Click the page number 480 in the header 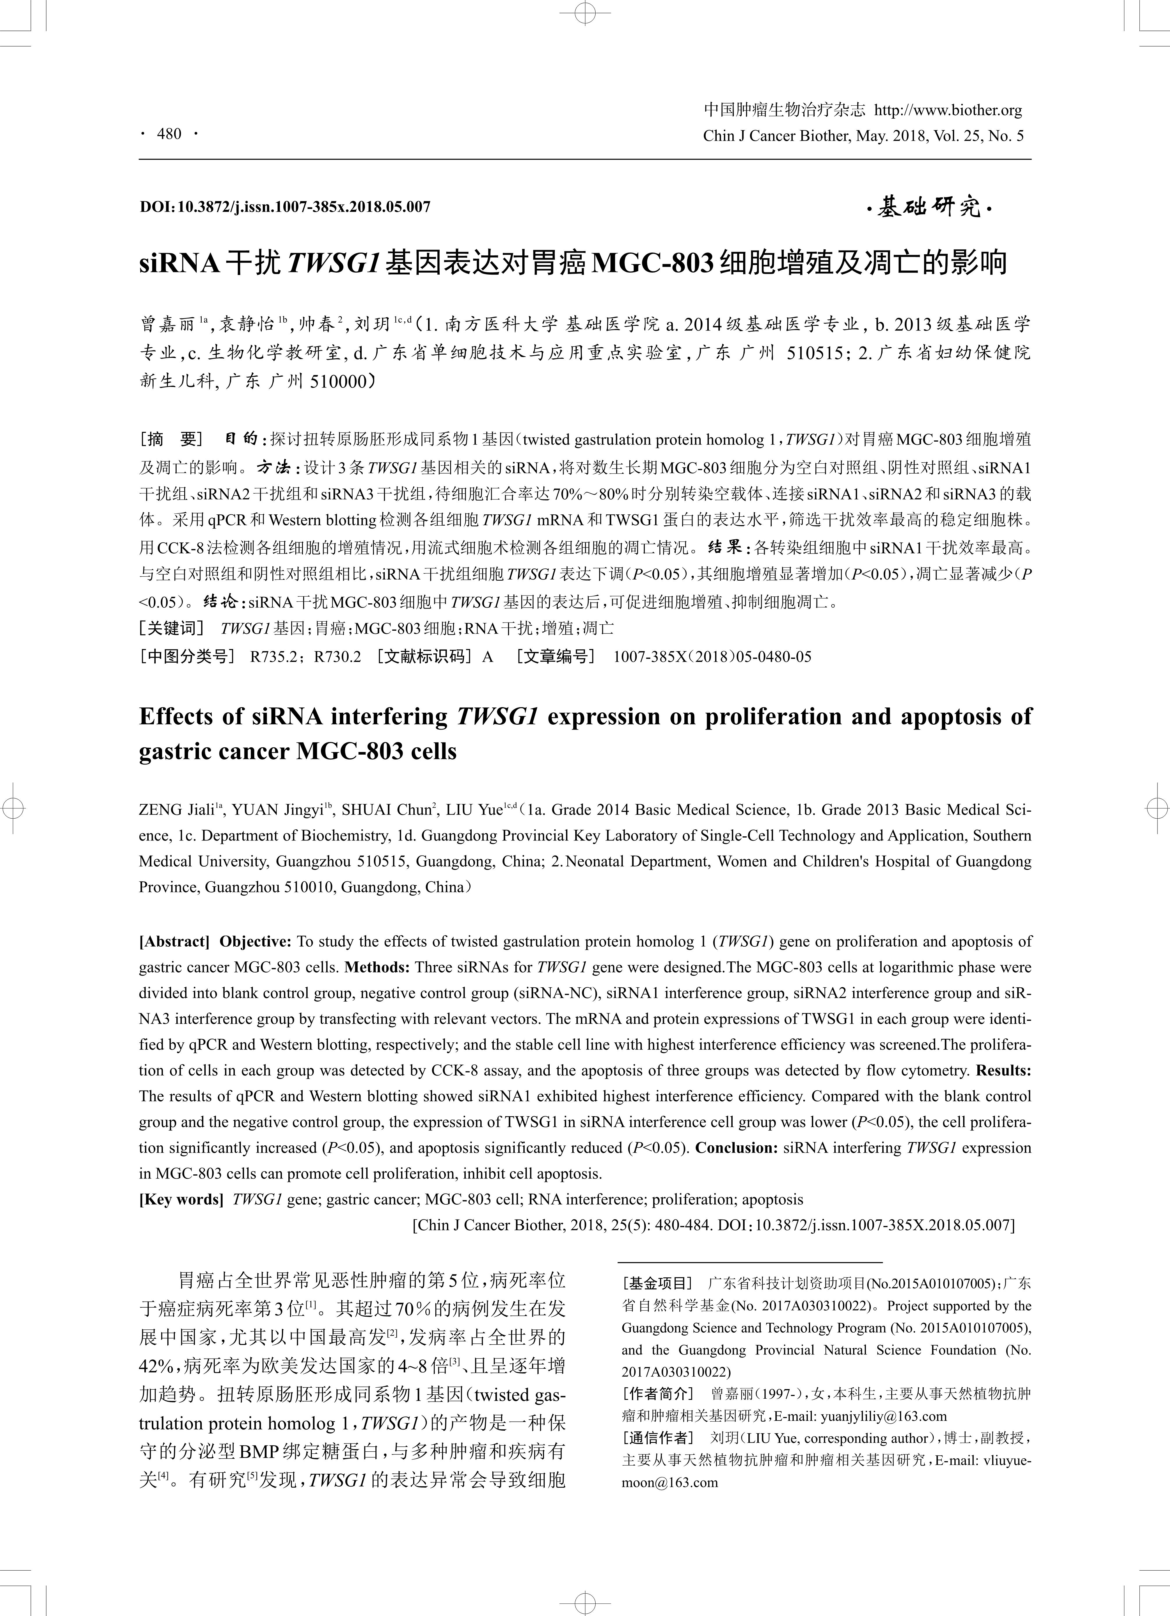point(169,134)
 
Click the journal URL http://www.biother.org point(948,111)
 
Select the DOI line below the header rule point(285,207)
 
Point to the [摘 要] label point(171,439)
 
